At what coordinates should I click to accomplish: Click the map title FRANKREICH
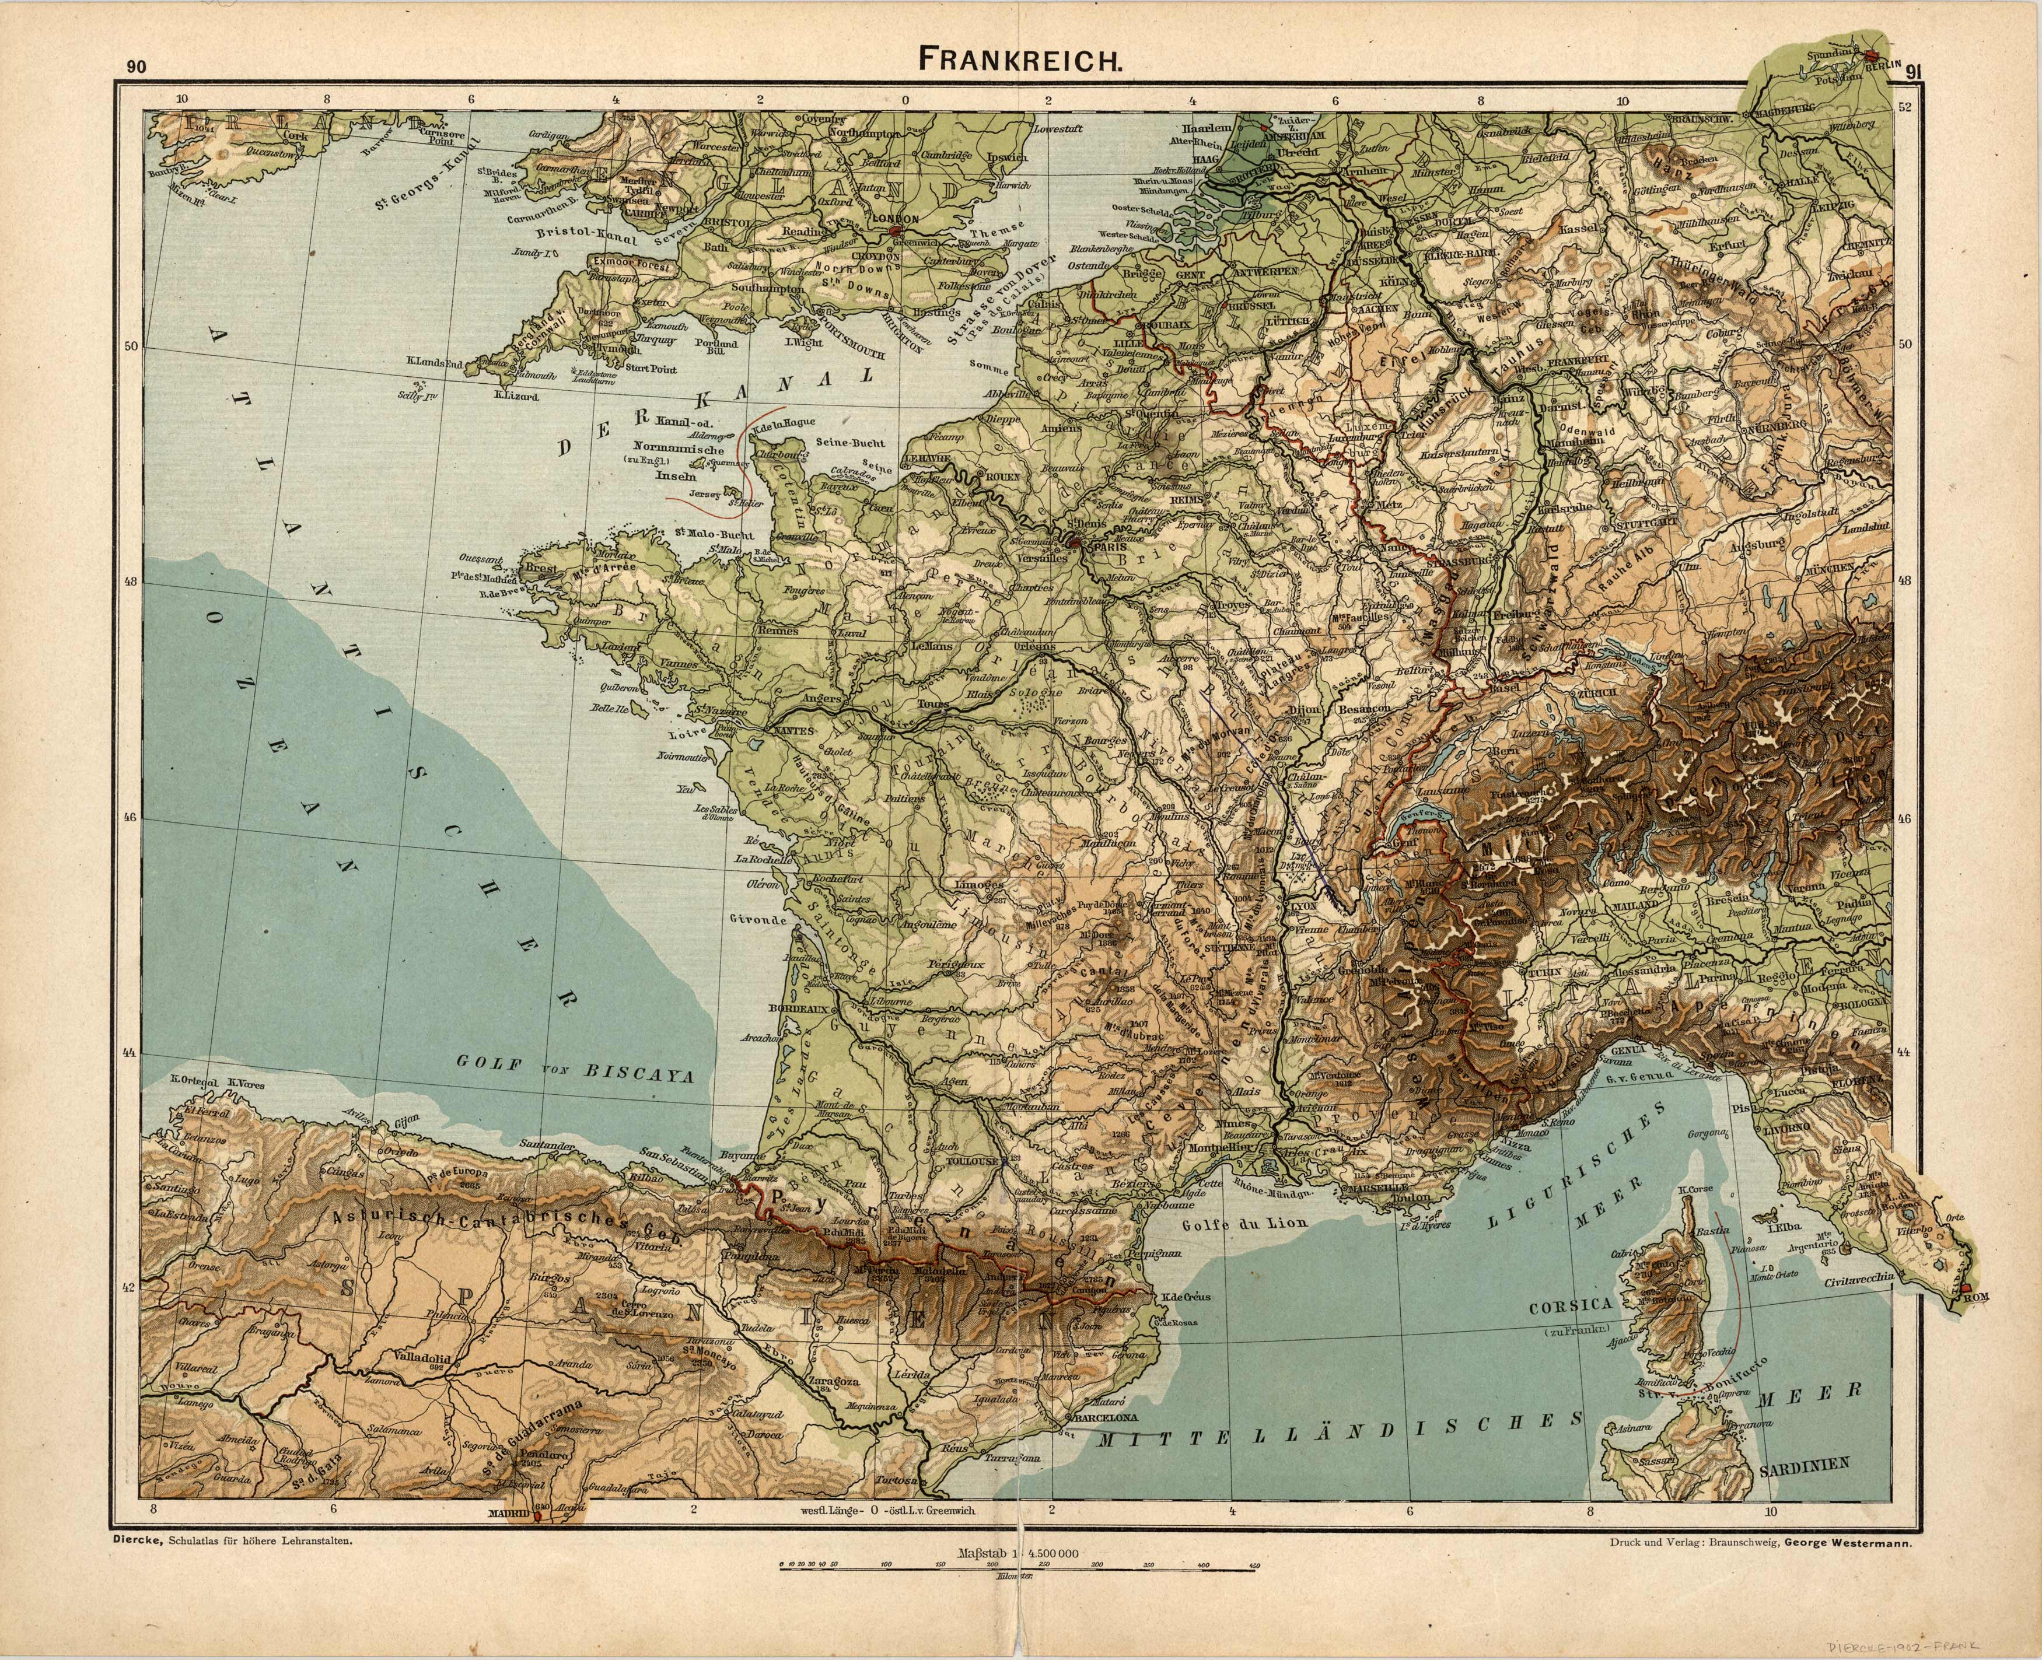pos(1020,59)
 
